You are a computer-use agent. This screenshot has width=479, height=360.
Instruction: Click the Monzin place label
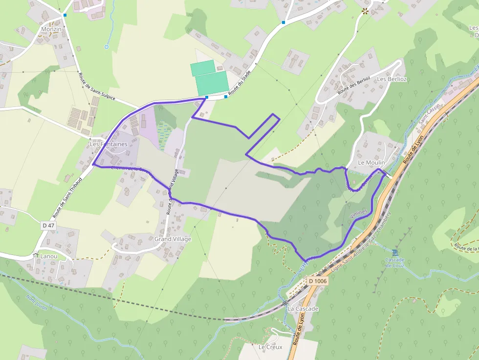(51, 29)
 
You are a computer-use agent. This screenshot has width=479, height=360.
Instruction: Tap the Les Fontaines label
(109, 144)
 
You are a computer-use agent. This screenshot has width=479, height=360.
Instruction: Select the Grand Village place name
(173, 239)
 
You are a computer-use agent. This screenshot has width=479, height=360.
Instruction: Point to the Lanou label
(49, 256)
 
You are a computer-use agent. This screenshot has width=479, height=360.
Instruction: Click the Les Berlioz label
(392, 79)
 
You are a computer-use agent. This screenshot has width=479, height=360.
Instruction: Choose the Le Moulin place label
(371, 162)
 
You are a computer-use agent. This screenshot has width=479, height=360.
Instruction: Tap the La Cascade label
(303, 309)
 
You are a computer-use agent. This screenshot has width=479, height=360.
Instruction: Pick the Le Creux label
(270, 347)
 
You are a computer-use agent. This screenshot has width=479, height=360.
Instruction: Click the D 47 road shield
(48, 225)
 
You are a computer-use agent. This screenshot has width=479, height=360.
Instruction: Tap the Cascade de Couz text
(395, 262)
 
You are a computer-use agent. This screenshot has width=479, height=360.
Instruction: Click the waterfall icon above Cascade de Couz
(395, 252)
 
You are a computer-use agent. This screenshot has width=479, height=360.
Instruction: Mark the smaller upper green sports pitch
(202, 68)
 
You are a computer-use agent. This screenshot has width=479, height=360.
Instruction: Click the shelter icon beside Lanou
(35, 255)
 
